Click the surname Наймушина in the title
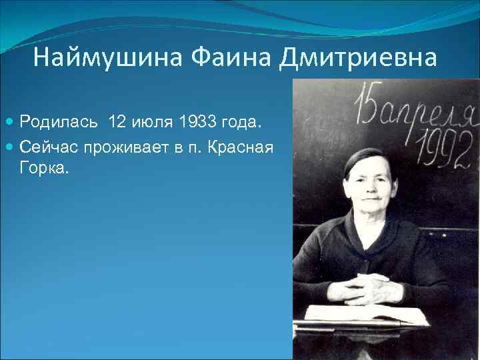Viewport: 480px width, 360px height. [107, 58]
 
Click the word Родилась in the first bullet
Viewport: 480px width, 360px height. [60, 123]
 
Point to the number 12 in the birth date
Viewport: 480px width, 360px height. [116, 123]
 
